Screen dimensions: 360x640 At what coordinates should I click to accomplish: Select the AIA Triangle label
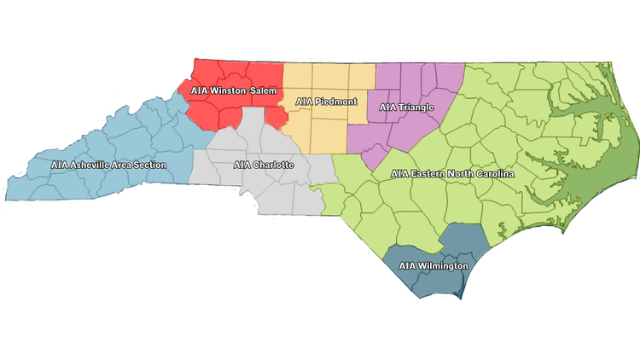(406, 107)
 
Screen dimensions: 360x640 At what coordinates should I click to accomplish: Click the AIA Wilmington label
(433, 266)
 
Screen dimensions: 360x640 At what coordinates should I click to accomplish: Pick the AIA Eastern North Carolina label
(452, 173)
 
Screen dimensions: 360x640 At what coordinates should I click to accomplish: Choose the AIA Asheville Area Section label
(108, 164)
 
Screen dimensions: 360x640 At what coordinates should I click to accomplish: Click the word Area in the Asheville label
(120, 164)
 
